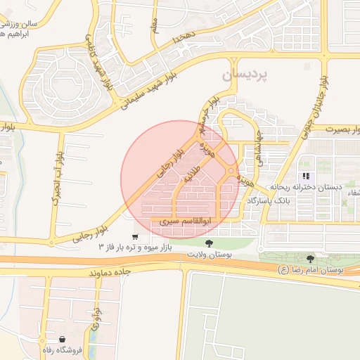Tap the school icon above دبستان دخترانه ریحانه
click(x=306, y=176)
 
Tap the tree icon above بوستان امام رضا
click(x=311, y=259)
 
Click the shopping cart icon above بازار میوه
click(x=135, y=236)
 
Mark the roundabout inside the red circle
click(x=231, y=171)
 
